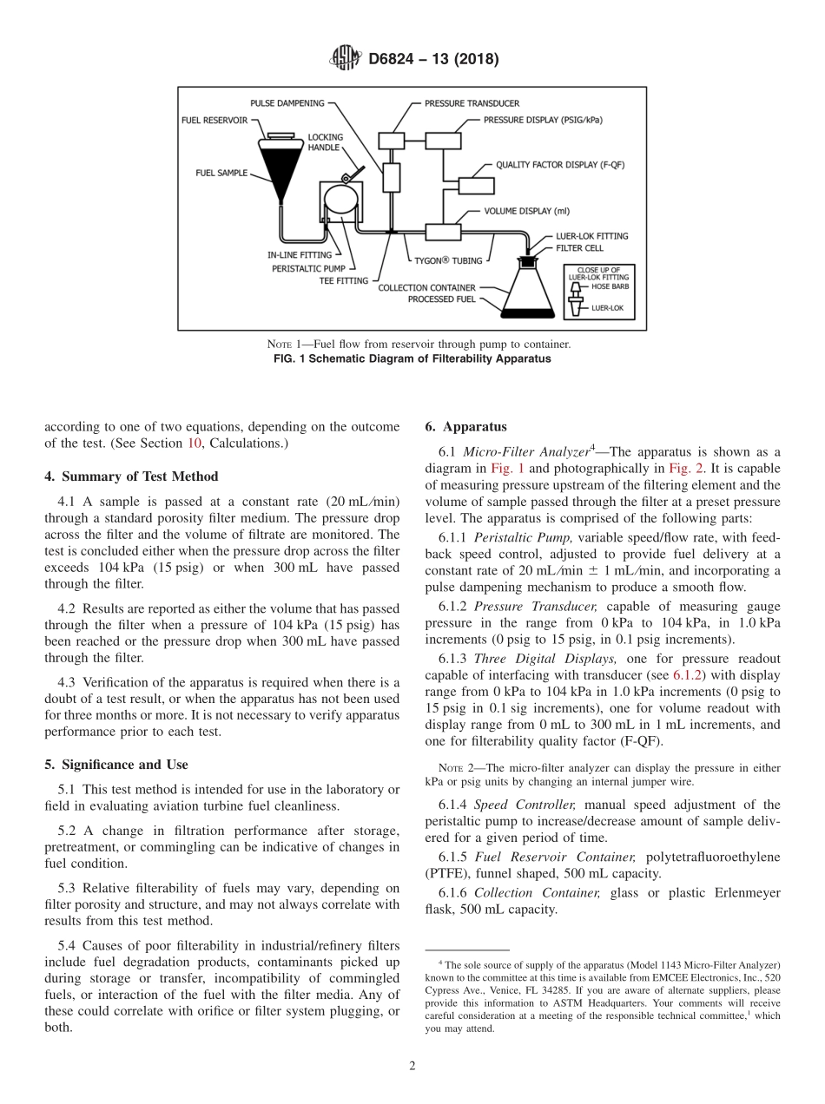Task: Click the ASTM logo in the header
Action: coord(346,59)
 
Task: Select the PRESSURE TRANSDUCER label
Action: coord(472,103)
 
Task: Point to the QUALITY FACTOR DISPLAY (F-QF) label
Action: coord(560,164)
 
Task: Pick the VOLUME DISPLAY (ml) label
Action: coord(527,211)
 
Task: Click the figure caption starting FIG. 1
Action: coord(412,358)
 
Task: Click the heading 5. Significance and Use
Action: coord(116,765)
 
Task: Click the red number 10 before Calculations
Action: coord(195,444)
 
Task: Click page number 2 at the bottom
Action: coord(412,1066)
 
